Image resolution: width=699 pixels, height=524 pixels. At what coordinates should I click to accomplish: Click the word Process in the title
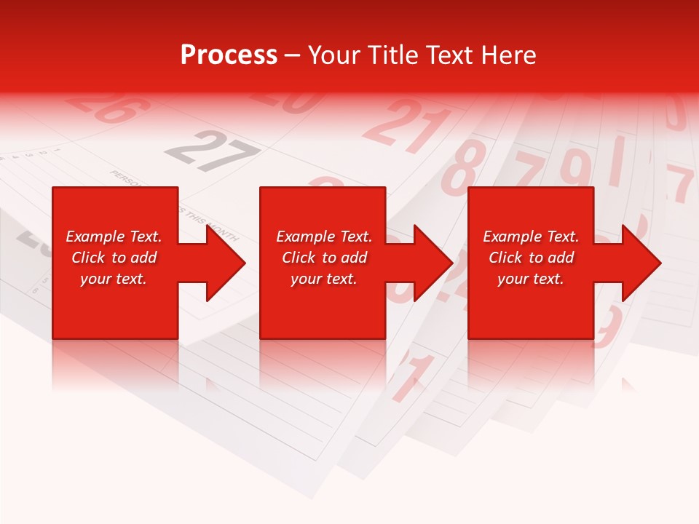pyautogui.click(x=229, y=55)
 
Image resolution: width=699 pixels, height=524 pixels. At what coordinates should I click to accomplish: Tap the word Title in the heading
pyautogui.click(x=393, y=55)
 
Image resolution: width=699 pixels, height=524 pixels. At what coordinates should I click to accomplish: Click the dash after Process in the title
pyautogui.click(x=292, y=56)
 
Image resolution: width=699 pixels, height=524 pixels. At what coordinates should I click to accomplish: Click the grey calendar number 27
pyautogui.click(x=211, y=151)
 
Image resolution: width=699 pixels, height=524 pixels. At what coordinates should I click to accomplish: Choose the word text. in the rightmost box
pyautogui.click(x=548, y=279)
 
